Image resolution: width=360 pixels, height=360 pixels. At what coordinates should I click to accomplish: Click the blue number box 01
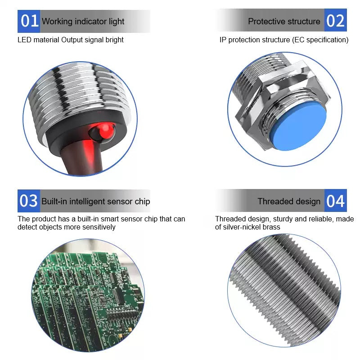pyautogui.click(x=29, y=21)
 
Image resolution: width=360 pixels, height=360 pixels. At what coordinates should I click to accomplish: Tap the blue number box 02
pyautogui.click(x=335, y=20)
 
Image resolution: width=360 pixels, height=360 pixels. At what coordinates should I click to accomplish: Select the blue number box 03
pyautogui.click(x=29, y=201)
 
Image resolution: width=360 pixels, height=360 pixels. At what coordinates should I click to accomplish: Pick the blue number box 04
pyautogui.click(x=335, y=200)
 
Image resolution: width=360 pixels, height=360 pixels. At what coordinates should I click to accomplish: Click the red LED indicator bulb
pyautogui.click(x=106, y=131)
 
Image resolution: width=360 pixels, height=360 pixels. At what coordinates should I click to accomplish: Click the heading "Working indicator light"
pyautogui.click(x=83, y=21)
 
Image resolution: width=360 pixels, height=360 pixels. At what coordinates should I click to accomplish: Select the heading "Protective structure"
pyautogui.click(x=284, y=21)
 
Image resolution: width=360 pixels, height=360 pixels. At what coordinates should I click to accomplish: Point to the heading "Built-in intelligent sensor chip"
pyautogui.click(x=95, y=201)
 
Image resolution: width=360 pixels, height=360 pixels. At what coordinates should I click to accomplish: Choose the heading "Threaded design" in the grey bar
pyautogui.click(x=289, y=201)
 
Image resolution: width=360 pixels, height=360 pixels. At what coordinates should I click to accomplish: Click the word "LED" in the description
pyautogui.click(x=24, y=40)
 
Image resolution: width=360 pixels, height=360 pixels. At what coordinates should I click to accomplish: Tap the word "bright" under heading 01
pyautogui.click(x=115, y=40)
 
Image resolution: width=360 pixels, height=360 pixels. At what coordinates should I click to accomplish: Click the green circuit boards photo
pyautogui.click(x=88, y=295)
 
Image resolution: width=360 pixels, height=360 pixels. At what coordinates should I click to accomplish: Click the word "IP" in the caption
pyautogui.click(x=223, y=40)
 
